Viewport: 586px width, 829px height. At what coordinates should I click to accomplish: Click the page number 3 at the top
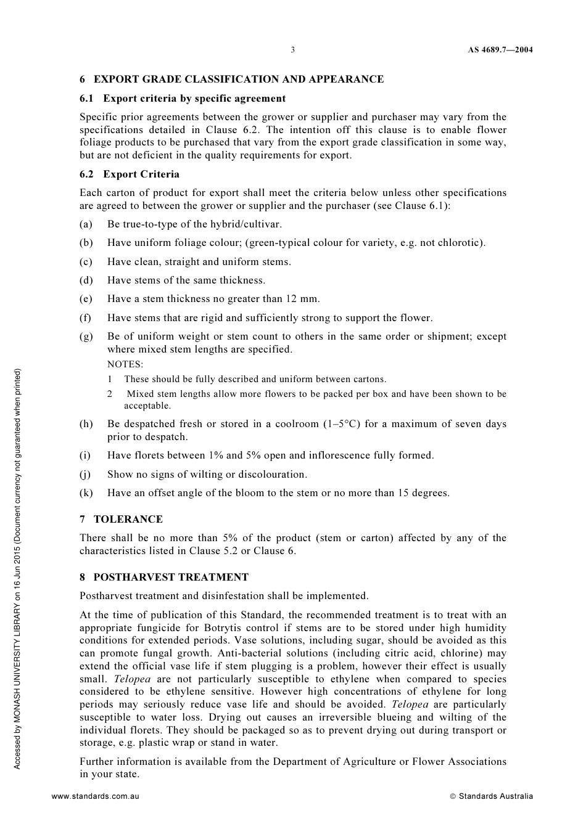293,50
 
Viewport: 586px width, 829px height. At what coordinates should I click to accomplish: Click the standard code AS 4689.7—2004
500,50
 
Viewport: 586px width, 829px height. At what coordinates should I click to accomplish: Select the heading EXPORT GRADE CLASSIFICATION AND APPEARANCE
238,80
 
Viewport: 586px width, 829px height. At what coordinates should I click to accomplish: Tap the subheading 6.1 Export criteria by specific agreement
183,99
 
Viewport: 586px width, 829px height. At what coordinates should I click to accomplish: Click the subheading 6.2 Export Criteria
130,174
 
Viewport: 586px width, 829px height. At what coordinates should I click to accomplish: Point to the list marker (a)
86,224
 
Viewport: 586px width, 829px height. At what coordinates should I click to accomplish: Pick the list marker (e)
86,299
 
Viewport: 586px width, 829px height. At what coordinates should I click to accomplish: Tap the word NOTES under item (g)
125,364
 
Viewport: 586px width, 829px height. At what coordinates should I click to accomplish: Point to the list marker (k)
86,493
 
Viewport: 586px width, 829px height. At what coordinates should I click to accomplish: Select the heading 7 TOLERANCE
121,520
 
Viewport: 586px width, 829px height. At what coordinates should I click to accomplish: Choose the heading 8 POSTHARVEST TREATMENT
164,578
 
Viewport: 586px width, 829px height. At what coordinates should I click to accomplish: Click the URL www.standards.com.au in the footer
96,796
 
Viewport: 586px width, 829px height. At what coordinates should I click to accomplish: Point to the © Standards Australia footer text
492,796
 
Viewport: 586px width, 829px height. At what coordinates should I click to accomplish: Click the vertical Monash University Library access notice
17,569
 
